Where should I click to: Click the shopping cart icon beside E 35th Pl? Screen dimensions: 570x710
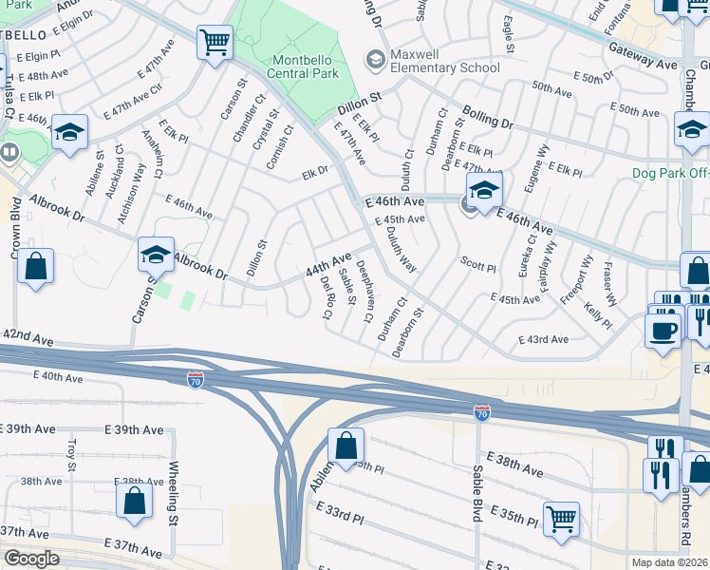(x=561, y=519)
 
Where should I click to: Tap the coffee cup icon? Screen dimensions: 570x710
(x=663, y=331)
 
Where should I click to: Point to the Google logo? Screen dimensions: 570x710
(x=31, y=559)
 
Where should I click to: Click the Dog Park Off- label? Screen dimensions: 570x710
(x=670, y=174)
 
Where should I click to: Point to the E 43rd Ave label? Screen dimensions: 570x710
(x=543, y=340)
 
